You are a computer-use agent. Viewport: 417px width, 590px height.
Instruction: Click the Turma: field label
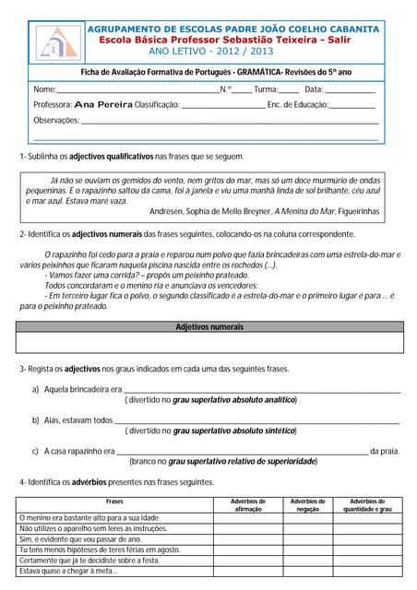266,89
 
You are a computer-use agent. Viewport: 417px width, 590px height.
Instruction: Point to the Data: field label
313,89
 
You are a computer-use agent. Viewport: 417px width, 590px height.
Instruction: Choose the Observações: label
56,120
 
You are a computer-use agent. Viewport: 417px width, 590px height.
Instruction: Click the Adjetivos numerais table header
209,326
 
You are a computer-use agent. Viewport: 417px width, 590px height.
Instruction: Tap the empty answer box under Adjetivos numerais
209,342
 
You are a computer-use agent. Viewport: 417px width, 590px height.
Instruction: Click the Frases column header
115,501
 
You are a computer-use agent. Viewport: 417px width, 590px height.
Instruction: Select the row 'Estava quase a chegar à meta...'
68,571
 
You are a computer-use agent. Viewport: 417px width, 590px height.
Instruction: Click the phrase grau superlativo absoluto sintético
234,431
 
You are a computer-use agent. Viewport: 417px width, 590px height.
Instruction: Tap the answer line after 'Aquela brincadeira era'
262,391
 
